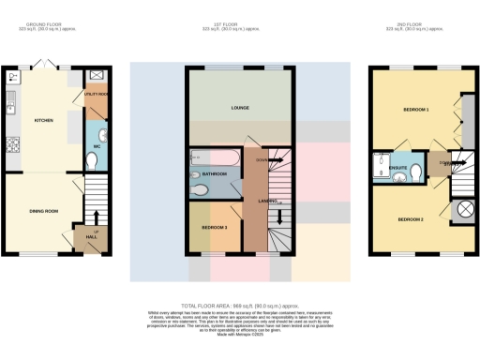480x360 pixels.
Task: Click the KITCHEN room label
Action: click(43, 121)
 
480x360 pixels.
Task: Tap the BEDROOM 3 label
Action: click(216, 228)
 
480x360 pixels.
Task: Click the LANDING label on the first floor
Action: click(267, 200)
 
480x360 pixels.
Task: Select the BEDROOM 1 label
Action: click(416, 111)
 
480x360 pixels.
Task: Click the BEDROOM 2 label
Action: click(411, 219)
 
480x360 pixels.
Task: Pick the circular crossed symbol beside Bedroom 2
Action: click(462, 209)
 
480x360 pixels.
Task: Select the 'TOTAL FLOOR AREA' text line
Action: click(240, 306)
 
